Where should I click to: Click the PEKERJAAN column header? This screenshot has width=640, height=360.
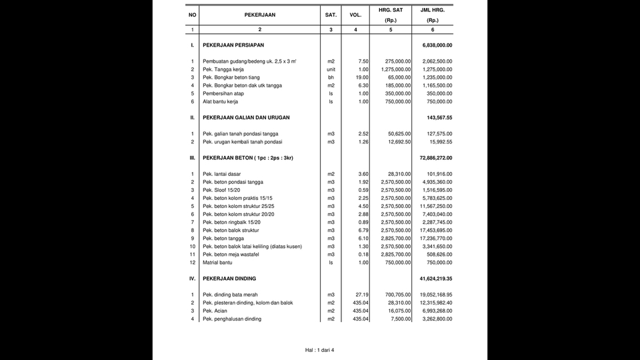(x=260, y=15)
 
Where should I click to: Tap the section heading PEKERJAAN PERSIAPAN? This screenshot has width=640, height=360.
(x=233, y=45)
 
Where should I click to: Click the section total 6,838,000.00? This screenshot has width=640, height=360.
(x=437, y=45)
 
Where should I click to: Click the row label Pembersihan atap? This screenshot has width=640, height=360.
(x=223, y=93)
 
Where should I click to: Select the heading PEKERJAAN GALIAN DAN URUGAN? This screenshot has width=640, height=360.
(x=247, y=117)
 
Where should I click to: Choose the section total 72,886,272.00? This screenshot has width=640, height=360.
(x=436, y=158)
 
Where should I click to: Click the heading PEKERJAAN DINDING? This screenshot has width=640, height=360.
(x=229, y=279)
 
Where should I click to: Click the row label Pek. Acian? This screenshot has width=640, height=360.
(x=217, y=311)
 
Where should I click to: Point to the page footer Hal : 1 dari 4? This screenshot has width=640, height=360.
(x=319, y=349)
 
